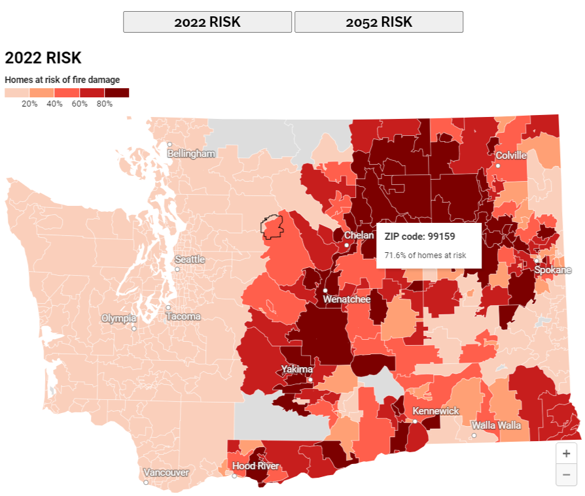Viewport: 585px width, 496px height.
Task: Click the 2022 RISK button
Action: pyautogui.click(x=207, y=22)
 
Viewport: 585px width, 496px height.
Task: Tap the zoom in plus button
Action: pyautogui.click(x=566, y=454)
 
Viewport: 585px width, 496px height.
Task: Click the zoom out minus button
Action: pyautogui.click(x=566, y=474)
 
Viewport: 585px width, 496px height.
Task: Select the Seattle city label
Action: pyautogui.click(x=190, y=259)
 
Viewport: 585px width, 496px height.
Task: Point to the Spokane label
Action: pyautogui.click(x=552, y=270)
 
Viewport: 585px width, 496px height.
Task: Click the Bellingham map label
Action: pyautogui.click(x=191, y=154)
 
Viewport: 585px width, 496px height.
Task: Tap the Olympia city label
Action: pyautogui.click(x=118, y=318)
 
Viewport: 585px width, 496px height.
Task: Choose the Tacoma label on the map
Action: pyautogui.click(x=183, y=316)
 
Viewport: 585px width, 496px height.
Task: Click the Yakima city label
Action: pyautogui.click(x=296, y=370)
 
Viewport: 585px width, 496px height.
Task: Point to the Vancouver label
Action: pyautogui.click(x=166, y=472)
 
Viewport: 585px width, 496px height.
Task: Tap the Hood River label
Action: pyautogui.click(x=255, y=466)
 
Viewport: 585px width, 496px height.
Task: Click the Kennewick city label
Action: pyautogui.click(x=435, y=411)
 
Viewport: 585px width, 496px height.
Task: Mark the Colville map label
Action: pyautogui.click(x=510, y=156)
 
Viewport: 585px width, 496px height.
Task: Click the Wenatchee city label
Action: pyautogui.click(x=346, y=299)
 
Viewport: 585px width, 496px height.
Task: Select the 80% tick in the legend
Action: pyautogui.click(x=105, y=104)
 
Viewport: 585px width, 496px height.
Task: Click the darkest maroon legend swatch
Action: pyautogui.click(x=116, y=93)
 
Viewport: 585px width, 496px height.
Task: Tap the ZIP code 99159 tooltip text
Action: pyautogui.click(x=419, y=236)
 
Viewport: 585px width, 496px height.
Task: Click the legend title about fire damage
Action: pyautogui.click(x=62, y=80)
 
